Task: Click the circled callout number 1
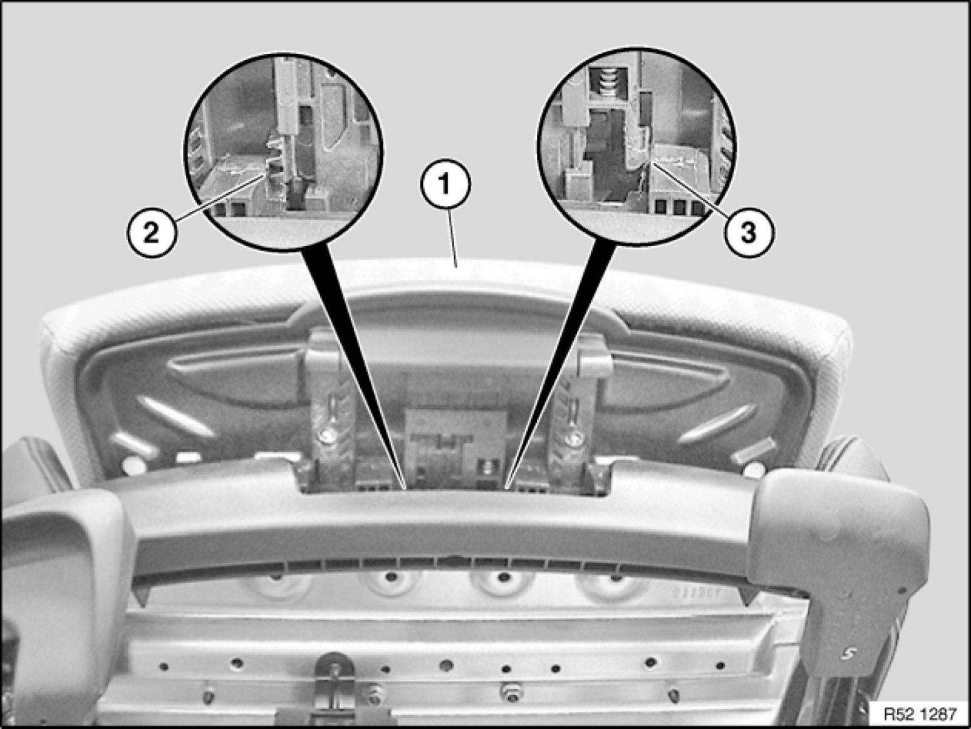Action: [x=445, y=185]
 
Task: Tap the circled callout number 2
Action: [x=152, y=232]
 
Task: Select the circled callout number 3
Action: [x=749, y=232]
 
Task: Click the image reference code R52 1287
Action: [x=920, y=713]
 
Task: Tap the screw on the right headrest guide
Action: [x=574, y=437]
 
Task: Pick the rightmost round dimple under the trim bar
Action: [x=616, y=578]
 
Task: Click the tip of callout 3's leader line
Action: [x=650, y=163]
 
